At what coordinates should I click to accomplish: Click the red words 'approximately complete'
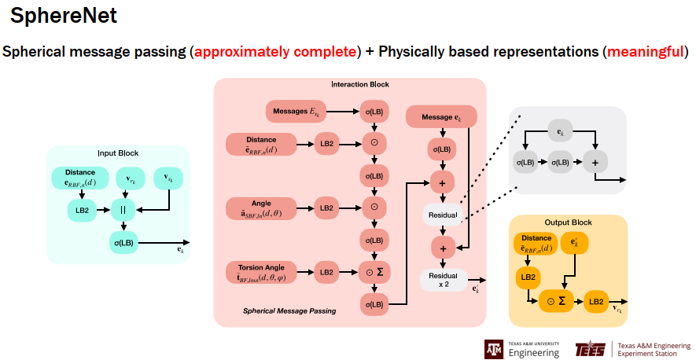coord(274,53)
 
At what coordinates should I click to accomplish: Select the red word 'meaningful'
coord(644,53)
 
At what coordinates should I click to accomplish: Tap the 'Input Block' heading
coord(117,152)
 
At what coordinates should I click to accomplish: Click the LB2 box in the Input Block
coord(81,210)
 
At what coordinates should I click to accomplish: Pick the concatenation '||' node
coord(123,210)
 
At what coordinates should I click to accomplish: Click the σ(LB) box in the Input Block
coord(123,242)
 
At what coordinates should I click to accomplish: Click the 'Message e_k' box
coord(441,117)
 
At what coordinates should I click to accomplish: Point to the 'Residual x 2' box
coord(444,280)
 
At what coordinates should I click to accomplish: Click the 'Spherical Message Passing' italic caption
coord(289,311)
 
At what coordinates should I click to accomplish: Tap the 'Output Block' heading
coord(568,222)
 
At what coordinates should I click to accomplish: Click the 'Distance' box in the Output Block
coord(536,244)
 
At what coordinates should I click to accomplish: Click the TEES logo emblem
coord(590,348)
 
